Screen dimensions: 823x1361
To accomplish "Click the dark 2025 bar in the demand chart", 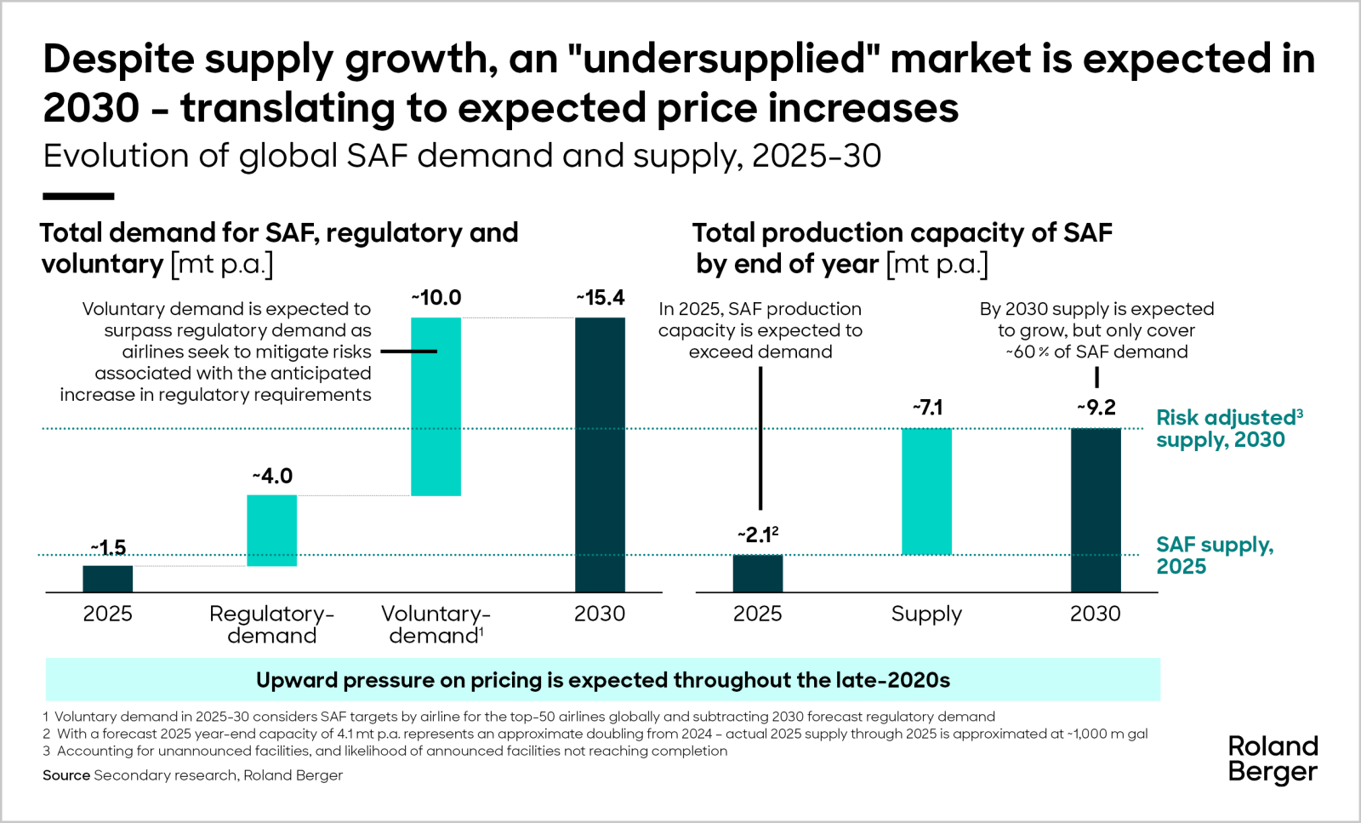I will tap(107, 579).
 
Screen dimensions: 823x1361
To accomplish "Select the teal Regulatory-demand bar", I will tap(271, 530).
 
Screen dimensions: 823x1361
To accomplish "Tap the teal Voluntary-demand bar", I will tap(436, 406).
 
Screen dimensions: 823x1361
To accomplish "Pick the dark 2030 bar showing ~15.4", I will tap(600, 454).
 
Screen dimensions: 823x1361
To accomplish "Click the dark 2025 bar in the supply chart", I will tap(757, 573).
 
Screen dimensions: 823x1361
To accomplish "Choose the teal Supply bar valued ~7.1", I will tap(926, 491).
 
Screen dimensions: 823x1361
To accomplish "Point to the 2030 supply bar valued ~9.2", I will tap(1096, 510).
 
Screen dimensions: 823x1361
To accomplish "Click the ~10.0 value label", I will tap(436, 298).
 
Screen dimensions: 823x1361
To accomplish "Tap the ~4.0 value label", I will tap(272, 476).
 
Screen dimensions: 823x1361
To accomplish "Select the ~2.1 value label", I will tap(757, 534).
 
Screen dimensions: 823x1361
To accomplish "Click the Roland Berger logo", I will tap(1273, 759).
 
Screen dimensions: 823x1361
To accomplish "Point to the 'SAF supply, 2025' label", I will tap(1214, 556).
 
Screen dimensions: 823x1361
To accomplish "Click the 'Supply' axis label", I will tap(926, 614).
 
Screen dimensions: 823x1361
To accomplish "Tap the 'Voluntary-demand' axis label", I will tap(436, 625).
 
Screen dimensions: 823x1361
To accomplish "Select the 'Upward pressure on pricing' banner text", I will tap(602, 680).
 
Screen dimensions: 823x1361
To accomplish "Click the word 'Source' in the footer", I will tap(65, 775).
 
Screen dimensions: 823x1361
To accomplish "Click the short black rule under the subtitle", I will tap(78, 197).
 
